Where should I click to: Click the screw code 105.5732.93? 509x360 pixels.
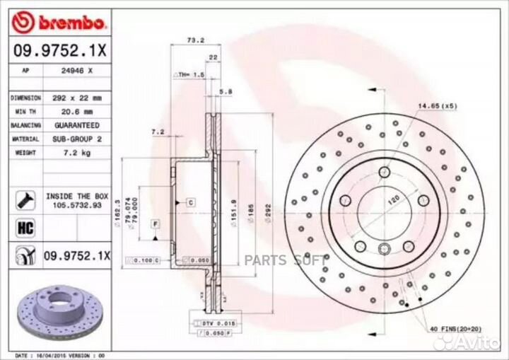[x=77, y=203]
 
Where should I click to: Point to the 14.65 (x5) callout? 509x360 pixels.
[x=438, y=105]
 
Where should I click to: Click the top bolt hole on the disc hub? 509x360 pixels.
[x=384, y=172]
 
